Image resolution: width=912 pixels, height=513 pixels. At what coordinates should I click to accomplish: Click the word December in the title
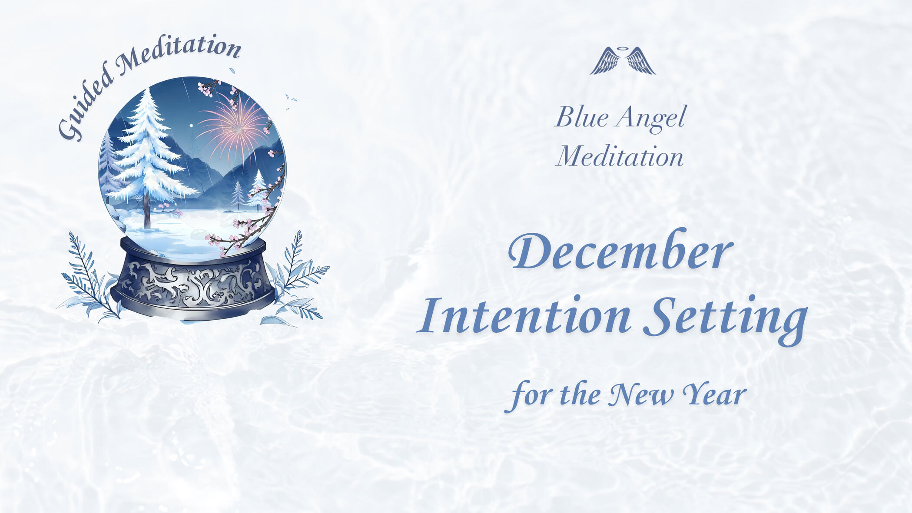click(x=620, y=250)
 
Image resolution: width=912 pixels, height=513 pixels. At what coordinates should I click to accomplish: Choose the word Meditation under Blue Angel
click(x=620, y=156)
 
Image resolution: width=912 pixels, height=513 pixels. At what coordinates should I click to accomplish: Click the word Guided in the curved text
click(x=85, y=104)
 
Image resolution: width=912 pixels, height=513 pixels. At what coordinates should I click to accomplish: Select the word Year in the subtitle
click(x=714, y=394)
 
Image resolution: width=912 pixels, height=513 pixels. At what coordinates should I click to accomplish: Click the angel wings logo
click(x=623, y=60)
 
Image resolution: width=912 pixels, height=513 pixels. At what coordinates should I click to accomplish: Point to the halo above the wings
click(x=623, y=49)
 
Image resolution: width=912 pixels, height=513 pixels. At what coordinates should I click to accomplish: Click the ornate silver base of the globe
click(x=193, y=280)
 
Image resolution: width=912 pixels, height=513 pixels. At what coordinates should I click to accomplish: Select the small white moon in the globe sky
click(x=191, y=126)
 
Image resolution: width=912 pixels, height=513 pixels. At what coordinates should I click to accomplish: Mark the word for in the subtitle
click(x=530, y=395)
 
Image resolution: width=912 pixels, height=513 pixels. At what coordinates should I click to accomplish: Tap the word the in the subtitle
click(x=580, y=394)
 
